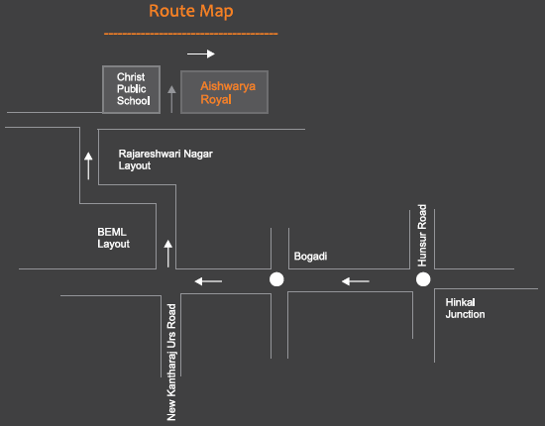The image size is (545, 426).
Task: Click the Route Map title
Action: (191, 12)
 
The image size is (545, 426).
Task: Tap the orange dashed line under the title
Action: (191, 34)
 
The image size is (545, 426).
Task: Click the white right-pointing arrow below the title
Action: (201, 53)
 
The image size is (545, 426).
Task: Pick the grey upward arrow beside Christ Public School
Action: (171, 99)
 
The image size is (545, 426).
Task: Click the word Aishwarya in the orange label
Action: (228, 86)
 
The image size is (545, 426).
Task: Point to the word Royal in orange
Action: (216, 100)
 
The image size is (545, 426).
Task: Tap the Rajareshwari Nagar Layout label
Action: (165, 160)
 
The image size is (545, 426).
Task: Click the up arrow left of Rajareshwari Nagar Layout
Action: (88, 165)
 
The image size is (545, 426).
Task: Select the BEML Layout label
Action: (113, 238)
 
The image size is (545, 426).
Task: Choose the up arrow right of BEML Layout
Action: (168, 254)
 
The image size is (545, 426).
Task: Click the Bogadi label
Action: (310, 257)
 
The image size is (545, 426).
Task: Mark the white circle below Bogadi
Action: (276, 279)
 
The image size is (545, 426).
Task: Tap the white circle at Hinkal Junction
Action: (423, 279)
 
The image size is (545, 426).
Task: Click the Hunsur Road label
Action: (422, 236)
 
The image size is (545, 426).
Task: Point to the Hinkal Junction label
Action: (465, 308)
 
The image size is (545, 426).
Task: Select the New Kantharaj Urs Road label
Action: (171, 363)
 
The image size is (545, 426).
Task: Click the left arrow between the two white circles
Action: (356, 281)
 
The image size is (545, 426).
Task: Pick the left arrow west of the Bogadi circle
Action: (208, 281)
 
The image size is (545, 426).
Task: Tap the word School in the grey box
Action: (134, 101)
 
